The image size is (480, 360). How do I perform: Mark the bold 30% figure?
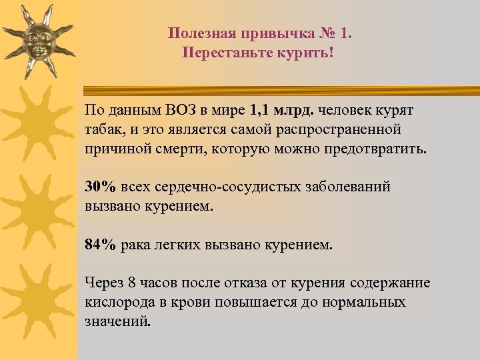[x=99, y=187]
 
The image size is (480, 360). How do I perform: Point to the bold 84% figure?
[x=99, y=245]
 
